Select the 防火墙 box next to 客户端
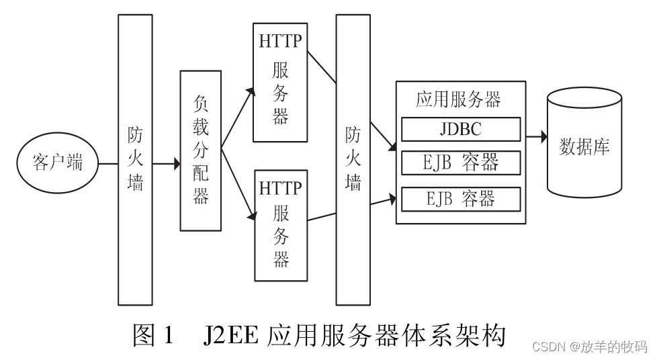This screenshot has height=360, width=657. tap(135, 159)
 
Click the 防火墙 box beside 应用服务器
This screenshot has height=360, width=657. tap(353, 159)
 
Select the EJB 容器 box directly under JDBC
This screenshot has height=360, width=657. tap(461, 163)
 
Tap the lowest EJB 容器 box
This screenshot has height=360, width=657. tap(461, 198)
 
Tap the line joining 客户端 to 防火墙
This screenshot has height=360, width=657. tap(107, 163)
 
